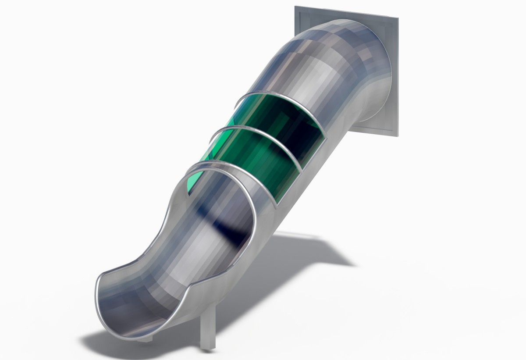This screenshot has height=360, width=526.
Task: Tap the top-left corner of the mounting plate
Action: point(295,7)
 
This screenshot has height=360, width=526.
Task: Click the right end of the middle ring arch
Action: point(301,169)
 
